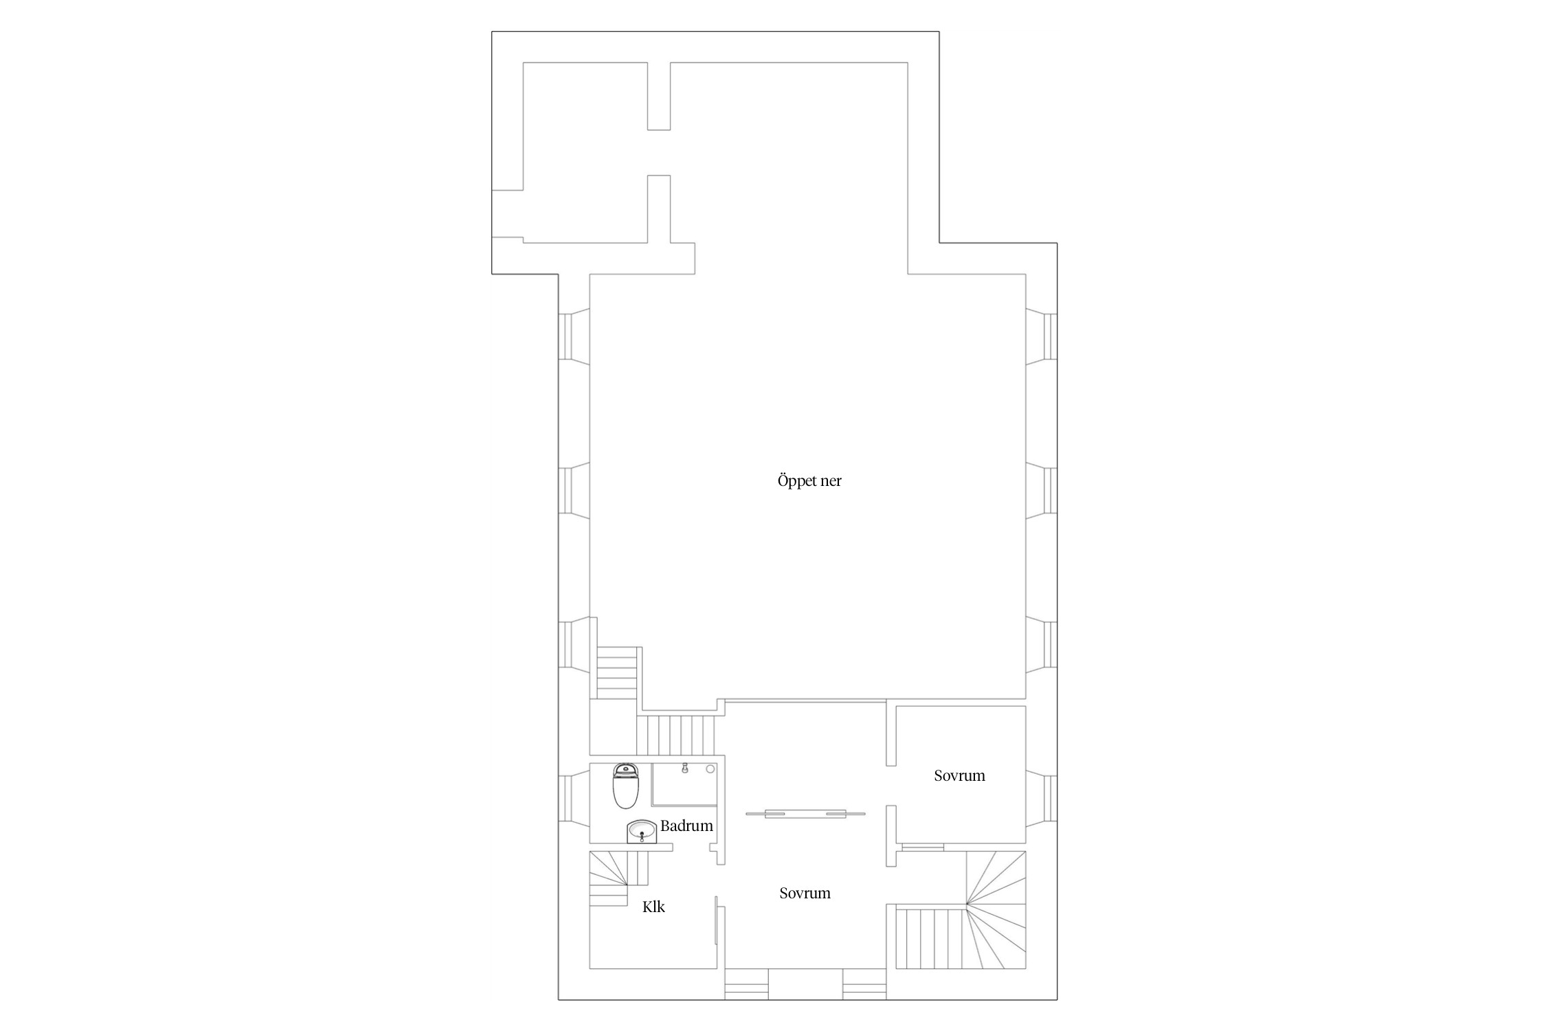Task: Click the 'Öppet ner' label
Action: (x=809, y=481)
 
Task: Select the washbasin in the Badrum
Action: (x=642, y=831)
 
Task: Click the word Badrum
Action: (x=686, y=825)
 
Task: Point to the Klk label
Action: (x=653, y=907)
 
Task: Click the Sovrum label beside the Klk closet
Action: (x=805, y=893)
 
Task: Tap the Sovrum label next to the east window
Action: (x=959, y=775)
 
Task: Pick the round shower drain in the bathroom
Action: (x=710, y=768)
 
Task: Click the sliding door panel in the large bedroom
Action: (x=805, y=814)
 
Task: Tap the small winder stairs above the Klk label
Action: (x=618, y=878)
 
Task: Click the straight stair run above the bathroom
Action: (x=676, y=735)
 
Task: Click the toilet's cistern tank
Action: (x=625, y=770)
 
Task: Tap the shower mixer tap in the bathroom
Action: (x=685, y=768)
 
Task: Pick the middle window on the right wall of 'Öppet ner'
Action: (x=1042, y=491)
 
